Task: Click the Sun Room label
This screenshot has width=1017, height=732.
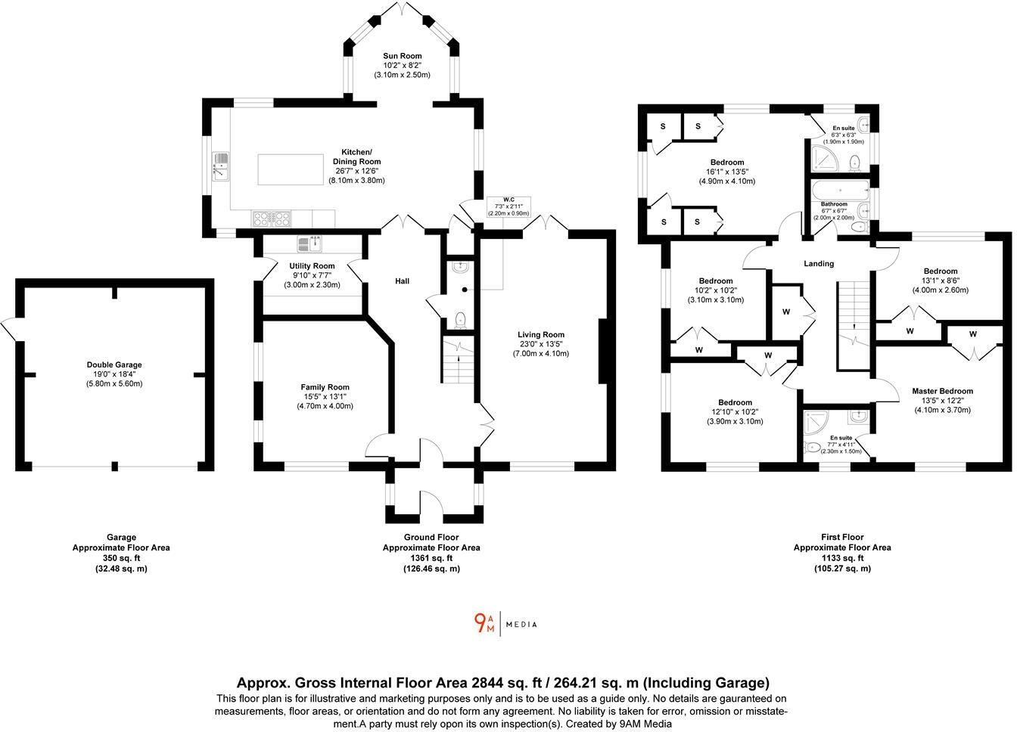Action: [402, 56]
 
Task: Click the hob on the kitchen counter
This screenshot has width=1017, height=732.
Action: [272, 218]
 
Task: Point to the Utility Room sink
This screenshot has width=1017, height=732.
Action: [310, 243]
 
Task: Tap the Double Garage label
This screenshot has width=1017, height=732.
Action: [114, 364]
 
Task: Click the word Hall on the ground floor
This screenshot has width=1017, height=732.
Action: [402, 281]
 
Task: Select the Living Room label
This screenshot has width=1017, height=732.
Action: [540, 334]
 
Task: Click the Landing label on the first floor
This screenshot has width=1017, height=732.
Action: [818, 264]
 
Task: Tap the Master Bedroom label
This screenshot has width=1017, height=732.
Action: [941, 391]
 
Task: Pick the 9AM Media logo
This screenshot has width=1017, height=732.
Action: [505, 624]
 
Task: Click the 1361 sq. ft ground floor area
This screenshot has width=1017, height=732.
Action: [431, 558]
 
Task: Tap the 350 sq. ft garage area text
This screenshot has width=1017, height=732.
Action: [120, 558]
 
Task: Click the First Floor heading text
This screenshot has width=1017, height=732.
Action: [841, 537]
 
